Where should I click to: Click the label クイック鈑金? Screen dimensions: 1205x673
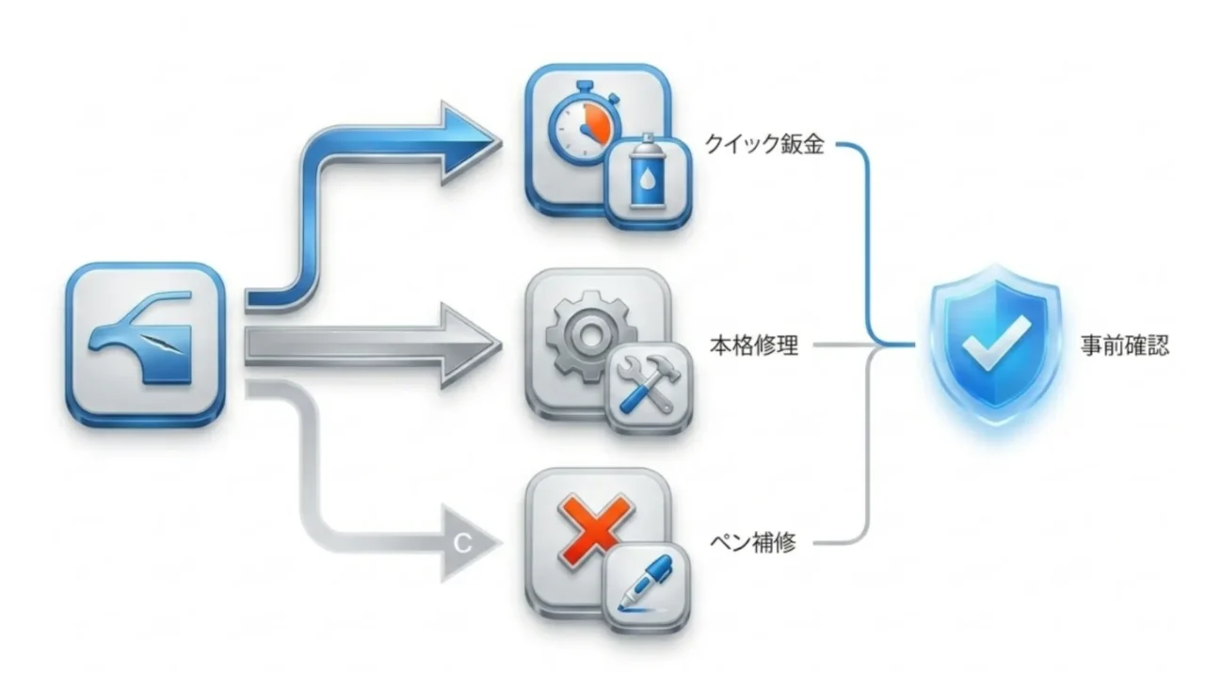pyautogui.click(x=763, y=144)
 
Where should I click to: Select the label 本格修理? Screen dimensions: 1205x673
pyautogui.click(x=754, y=345)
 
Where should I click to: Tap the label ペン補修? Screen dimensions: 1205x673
pyautogui.click(x=752, y=543)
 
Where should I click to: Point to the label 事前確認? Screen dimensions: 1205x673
pyautogui.click(x=1125, y=345)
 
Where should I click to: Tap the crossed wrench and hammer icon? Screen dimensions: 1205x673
pyautogui.click(x=649, y=385)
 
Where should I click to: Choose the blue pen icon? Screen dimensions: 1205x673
pyautogui.click(x=646, y=584)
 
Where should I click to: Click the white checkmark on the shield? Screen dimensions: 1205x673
pyautogui.click(x=995, y=343)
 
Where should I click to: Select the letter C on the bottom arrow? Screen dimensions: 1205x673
pyautogui.click(x=462, y=543)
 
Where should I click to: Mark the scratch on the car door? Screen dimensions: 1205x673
pyautogui.click(x=160, y=345)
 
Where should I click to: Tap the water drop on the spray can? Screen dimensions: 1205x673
pyautogui.click(x=647, y=179)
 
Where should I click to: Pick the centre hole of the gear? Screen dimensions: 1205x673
pyautogui.click(x=589, y=338)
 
